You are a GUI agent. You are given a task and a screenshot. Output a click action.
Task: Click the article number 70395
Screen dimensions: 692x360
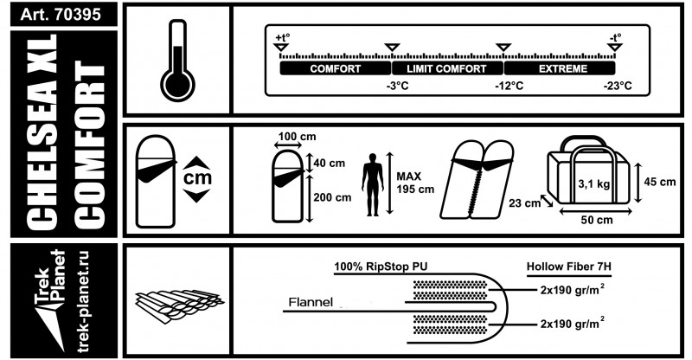[78, 14]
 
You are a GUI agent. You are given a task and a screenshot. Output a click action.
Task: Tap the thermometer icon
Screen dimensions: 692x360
[177, 60]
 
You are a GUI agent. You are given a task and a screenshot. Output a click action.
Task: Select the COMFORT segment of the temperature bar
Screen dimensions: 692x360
[336, 68]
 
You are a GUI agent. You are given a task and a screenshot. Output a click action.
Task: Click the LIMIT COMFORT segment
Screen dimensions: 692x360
[446, 68]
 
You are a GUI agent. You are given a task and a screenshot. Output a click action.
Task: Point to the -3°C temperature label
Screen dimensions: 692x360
[397, 86]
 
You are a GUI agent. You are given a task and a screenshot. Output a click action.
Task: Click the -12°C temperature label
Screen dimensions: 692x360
[509, 86]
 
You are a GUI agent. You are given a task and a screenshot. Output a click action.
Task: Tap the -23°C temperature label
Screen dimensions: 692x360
[618, 86]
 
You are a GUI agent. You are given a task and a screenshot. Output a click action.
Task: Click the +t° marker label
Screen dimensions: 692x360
[282, 37]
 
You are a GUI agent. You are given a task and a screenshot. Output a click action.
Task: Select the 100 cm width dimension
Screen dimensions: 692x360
[297, 137]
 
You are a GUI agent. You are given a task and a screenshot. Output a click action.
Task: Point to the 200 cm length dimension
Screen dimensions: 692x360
[332, 197]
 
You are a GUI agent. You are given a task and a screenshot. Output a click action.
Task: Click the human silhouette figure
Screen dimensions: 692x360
[373, 184]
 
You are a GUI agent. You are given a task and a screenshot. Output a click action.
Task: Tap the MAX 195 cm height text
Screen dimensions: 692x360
[415, 183]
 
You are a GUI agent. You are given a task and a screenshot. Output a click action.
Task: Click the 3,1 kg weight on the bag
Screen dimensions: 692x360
[594, 183]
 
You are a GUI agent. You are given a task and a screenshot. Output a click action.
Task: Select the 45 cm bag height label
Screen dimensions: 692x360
[660, 182]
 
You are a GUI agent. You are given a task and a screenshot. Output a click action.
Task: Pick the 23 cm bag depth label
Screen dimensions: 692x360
[524, 203]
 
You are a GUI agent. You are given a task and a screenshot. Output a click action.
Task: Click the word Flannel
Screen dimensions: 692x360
[311, 303]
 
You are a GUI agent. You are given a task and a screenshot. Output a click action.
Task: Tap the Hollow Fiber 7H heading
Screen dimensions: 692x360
[569, 267]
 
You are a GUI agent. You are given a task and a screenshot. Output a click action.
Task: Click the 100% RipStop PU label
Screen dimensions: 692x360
[381, 267]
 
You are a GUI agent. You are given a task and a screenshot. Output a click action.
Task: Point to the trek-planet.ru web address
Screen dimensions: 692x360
[83, 302]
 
